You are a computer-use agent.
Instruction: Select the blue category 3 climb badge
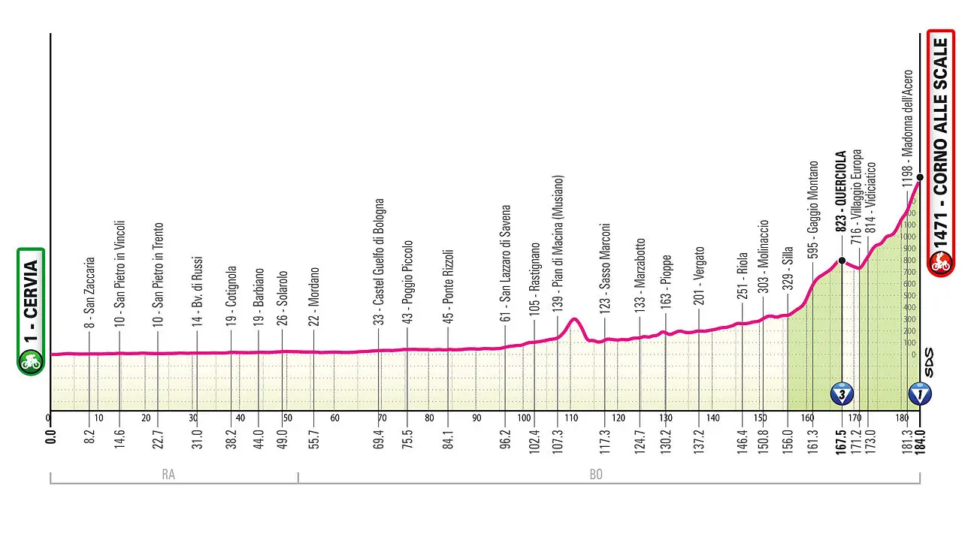[842, 392]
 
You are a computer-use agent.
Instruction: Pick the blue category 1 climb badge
[919, 392]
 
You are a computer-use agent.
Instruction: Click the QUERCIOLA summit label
[842, 191]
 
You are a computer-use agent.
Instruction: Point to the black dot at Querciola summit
[842, 261]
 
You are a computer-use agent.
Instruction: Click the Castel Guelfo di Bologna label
[380, 262]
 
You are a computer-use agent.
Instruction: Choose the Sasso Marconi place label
[605, 267]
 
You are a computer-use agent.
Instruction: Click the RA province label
[169, 475]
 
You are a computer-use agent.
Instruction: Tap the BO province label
[596, 475]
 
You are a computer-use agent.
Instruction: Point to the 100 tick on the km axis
[525, 418]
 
